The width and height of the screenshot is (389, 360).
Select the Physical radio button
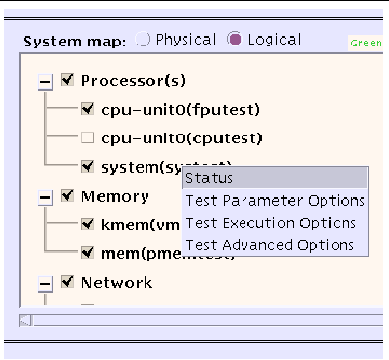pos(144,41)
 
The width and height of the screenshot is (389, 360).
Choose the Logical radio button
pos(234,41)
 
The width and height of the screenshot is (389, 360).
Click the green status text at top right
pos(367,44)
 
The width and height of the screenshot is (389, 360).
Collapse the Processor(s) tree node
pos(45,81)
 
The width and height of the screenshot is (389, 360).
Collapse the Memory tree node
pos(45,198)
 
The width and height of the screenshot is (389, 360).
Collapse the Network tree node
pos(45,284)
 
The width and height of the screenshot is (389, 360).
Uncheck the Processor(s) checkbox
pos(67,80)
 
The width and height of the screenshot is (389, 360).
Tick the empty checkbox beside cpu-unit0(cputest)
pos(88,137)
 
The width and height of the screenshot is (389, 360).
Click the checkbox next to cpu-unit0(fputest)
pos(88,109)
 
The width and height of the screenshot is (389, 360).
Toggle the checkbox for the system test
pos(88,167)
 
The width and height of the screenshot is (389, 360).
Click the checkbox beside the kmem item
pos(88,225)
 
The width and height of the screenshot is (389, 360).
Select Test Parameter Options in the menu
pos(274,201)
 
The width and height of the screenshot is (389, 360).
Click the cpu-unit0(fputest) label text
pos(160,110)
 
